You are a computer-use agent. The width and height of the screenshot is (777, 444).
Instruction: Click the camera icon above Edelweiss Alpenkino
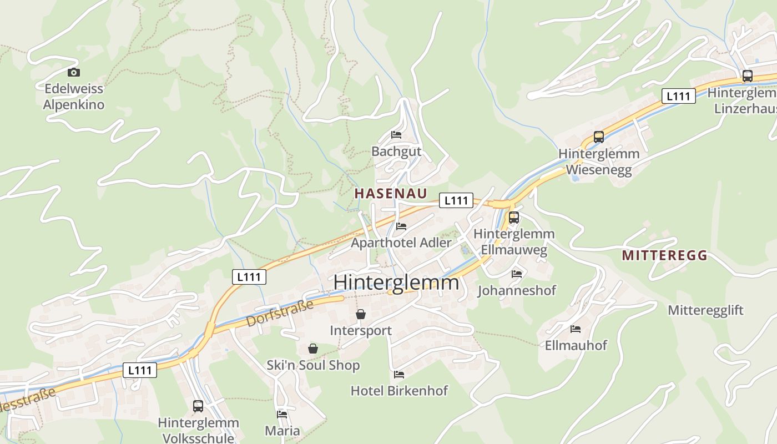[74, 72]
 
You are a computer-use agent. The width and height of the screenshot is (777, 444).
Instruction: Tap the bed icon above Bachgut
[396, 134]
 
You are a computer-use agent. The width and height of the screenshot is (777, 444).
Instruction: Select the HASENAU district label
[391, 193]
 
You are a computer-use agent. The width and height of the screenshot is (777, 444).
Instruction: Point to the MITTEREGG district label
[665, 255]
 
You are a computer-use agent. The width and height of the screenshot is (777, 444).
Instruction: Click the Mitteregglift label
[705, 310]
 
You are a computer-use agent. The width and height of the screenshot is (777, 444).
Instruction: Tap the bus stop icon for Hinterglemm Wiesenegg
[598, 137]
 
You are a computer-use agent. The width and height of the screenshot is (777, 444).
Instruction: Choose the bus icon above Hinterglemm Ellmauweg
[514, 217]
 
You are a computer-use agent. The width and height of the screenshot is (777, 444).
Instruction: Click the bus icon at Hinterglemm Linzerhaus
[748, 76]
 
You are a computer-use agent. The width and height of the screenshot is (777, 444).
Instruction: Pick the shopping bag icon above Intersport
[361, 314]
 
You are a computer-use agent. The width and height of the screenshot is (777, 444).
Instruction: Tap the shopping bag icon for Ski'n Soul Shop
[313, 349]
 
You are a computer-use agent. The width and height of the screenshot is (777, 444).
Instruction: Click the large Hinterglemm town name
[396, 282]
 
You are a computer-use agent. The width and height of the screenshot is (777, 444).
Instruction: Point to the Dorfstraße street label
[280, 313]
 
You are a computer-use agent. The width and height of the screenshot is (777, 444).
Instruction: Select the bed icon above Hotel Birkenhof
[399, 375]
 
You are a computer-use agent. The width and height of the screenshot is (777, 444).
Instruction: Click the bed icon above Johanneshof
[517, 274]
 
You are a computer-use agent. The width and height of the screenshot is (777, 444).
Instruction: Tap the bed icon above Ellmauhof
[575, 329]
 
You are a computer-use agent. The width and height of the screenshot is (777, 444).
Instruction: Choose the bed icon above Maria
[282, 414]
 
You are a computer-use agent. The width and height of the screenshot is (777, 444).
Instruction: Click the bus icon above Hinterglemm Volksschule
[198, 406]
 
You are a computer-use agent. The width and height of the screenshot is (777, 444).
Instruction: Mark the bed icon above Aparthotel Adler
[401, 226]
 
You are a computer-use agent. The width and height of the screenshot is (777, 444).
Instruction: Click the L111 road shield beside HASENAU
[456, 200]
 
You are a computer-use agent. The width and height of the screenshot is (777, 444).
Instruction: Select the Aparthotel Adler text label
[401, 243]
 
